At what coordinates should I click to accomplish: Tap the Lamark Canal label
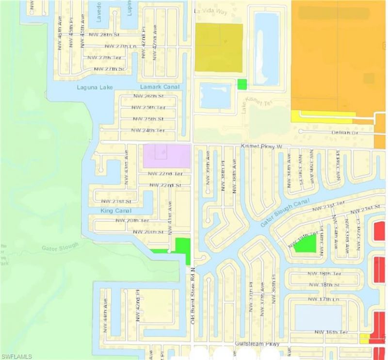160,87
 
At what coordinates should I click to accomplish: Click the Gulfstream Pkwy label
257,344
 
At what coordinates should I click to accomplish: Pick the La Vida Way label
210,11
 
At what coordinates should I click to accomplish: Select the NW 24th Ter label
149,131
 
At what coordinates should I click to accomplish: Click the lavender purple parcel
166,156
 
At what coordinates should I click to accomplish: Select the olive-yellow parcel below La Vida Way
219,48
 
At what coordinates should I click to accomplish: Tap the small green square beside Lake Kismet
242,84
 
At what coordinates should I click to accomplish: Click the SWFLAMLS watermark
16,356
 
